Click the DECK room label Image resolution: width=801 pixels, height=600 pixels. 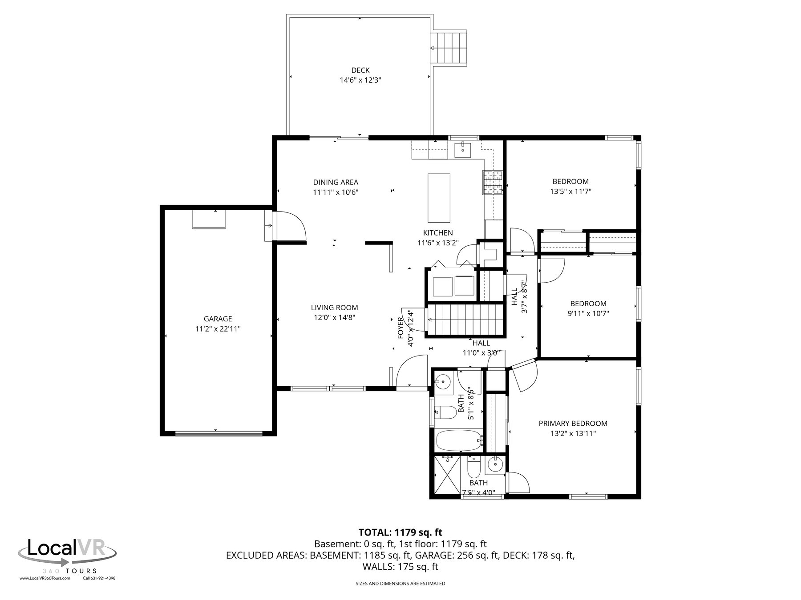[x=360, y=70]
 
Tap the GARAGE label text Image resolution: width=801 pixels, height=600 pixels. [x=218, y=319]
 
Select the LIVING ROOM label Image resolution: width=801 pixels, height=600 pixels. [x=334, y=308]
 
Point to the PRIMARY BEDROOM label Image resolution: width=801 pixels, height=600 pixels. [x=573, y=424]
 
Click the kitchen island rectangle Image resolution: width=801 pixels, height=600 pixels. [x=439, y=198]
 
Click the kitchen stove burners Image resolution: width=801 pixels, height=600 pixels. [x=493, y=183]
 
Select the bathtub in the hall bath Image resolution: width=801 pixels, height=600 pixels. [x=459, y=441]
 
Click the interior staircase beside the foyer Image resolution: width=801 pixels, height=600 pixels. [x=466, y=319]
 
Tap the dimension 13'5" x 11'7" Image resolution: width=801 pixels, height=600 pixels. [x=570, y=192]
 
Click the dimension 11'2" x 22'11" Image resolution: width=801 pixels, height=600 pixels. [x=218, y=329]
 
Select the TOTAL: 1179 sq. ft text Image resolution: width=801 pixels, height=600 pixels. [x=400, y=532]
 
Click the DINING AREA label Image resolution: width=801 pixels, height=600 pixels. [x=336, y=182]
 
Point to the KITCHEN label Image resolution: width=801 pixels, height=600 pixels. [x=438, y=233]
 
